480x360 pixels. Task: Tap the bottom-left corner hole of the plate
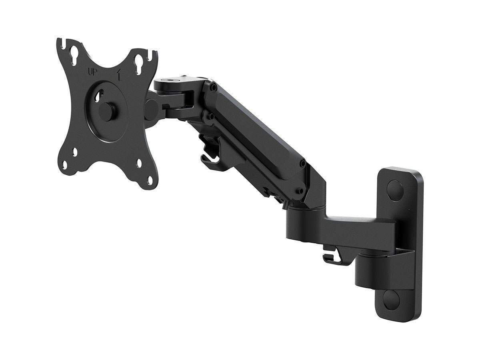point(75,152)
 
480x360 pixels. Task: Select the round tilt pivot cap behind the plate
point(151,109)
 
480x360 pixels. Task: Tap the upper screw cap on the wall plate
point(395,187)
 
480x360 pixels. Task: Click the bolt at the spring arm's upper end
point(214,86)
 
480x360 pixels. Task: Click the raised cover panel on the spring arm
point(256,132)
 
